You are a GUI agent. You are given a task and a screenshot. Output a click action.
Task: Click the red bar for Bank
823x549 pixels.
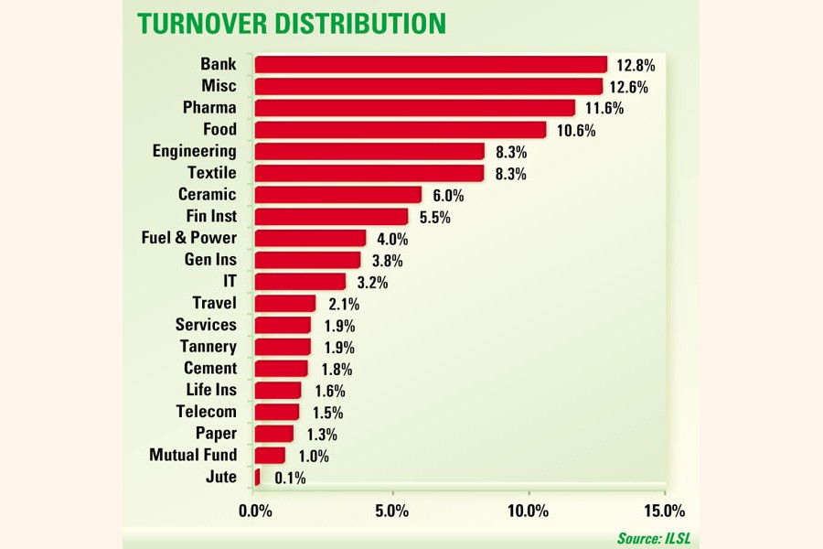click(x=431, y=64)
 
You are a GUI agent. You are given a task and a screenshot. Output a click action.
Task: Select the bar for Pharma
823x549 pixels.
click(x=414, y=108)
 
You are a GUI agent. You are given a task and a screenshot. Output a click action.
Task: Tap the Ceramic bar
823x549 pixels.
click(x=337, y=195)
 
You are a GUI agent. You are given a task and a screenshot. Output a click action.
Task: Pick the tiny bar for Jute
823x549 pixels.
click(x=257, y=477)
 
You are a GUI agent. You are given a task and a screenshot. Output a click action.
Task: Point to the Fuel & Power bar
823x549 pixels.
click(x=310, y=238)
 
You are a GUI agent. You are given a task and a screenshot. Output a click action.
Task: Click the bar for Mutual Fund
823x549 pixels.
click(x=270, y=455)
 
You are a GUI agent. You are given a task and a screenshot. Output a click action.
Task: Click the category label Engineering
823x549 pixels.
click(x=194, y=151)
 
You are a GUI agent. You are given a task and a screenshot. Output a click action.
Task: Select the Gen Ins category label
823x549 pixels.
click(x=210, y=259)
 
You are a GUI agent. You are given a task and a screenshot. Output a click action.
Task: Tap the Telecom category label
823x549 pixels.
click(x=206, y=411)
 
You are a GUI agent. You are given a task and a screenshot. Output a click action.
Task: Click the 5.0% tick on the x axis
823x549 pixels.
click(x=391, y=510)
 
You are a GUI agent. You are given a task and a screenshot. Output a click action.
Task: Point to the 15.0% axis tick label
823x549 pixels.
click(x=664, y=510)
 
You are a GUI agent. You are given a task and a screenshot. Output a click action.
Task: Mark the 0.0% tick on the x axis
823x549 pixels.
click(x=255, y=510)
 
